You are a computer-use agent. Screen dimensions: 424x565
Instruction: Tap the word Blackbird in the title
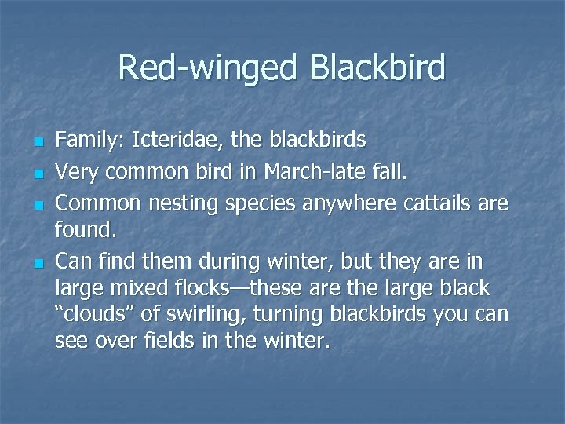(x=377, y=68)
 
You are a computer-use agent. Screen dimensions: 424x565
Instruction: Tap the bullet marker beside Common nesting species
(x=36, y=205)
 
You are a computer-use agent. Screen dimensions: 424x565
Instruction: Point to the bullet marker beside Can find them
(x=36, y=261)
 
